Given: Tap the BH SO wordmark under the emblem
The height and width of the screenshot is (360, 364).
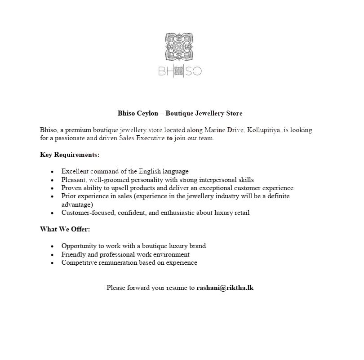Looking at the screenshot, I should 180,71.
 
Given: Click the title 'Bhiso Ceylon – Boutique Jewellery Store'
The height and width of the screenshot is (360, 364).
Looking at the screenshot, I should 180,113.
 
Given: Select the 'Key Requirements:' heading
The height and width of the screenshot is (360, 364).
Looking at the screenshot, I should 70,155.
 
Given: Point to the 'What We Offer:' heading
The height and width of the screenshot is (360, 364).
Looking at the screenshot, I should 65,229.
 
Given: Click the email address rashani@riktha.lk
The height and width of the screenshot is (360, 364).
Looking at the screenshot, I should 225,287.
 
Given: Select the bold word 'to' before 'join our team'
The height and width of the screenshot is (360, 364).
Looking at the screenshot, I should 169,138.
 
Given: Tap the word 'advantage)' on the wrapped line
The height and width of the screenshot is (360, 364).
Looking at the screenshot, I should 77,204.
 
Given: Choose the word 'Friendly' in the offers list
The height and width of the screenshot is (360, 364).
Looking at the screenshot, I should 73,254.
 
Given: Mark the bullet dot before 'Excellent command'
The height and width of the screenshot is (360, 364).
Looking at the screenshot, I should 53,172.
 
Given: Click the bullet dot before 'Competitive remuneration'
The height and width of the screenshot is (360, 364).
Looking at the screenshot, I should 53,263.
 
